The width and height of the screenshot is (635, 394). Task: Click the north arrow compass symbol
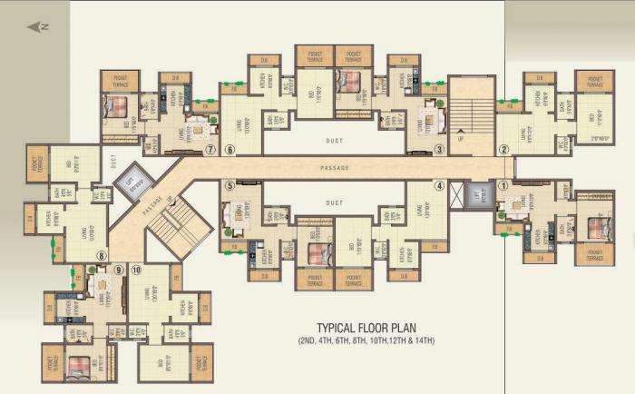tap(37, 27)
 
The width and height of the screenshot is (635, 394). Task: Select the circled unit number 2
tap(504, 150)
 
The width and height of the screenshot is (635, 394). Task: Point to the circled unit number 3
tap(439, 150)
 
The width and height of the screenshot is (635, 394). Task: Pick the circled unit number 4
tap(439, 186)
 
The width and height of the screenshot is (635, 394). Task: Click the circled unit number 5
tap(230, 186)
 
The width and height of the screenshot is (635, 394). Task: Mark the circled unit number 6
tap(230, 150)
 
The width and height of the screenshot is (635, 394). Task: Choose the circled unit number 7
tap(210, 150)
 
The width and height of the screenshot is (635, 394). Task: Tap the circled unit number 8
tap(102, 256)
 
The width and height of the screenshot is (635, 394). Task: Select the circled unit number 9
tap(119, 270)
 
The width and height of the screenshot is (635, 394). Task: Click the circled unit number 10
tap(136, 270)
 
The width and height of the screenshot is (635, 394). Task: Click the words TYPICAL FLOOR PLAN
tap(366, 328)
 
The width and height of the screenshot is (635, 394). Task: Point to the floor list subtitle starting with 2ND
tap(366, 341)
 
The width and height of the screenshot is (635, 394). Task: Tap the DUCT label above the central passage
tap(334, 142)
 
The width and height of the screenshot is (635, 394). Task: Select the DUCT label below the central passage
tap(334, 202)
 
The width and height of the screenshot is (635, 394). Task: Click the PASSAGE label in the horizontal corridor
tap(335, 169)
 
